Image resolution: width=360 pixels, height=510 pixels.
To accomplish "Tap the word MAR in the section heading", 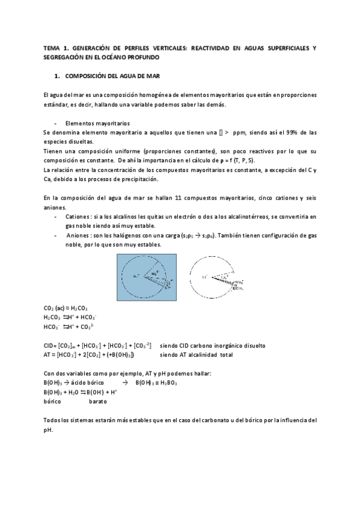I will coord(150,76).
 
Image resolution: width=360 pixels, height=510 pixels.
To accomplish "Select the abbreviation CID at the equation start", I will coord(49,346).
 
